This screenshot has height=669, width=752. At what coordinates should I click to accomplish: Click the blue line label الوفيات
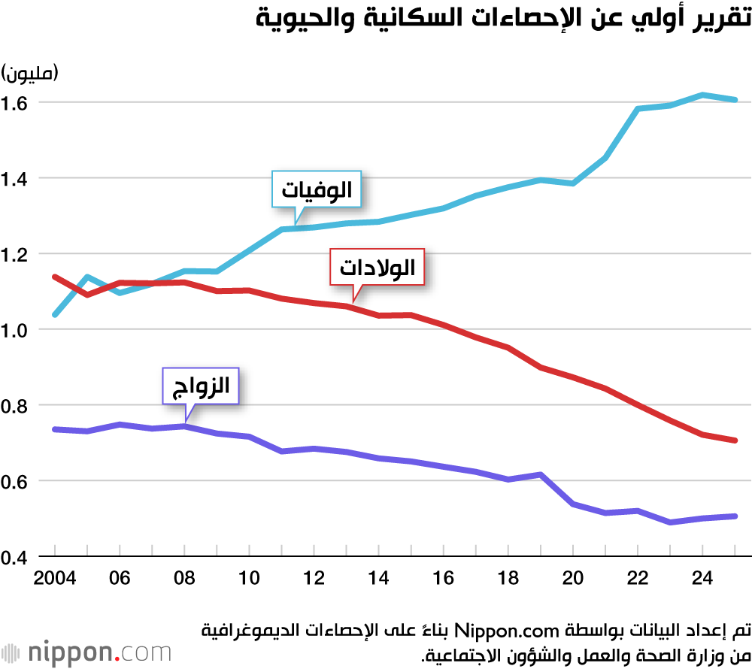pyautogui.click(x=317, y=189)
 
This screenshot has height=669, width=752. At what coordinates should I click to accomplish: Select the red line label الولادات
pyautogui.click(x=378, y=267)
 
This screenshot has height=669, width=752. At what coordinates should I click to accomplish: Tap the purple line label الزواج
pyautogui.click(x=201, y=388)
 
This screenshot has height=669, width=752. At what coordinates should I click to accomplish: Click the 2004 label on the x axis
pyautogui.click(x=55, y=578)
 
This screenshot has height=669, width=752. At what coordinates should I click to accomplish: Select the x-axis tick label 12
pyautogui.click(x=314, y=578)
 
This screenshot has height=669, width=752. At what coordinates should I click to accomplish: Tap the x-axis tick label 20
pyautogui.click(x=573, y=578)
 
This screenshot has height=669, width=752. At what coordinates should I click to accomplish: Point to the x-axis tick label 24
pyautogui.click(x=702, y=578)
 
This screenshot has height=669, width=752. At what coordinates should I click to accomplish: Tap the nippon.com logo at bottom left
pyautogui.click(x=86, y=651)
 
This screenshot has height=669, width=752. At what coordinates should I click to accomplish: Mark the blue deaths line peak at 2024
pyautogui.click(x=702, y=95)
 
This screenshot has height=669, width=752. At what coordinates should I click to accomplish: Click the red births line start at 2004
pyautogui.click(x=55, y=277)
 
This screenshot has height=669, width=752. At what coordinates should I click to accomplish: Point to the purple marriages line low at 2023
pyautogui.click(x=670, y=522)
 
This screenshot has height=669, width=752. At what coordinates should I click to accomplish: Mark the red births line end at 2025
pyautogui.click(x=735, y=440)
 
